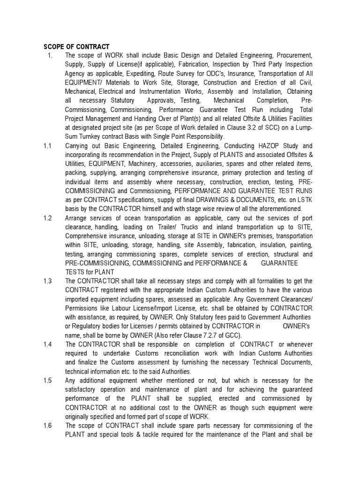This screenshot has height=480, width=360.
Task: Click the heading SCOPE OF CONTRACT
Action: (x=76, y=46)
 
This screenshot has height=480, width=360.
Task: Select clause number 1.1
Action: (x=47, y=146)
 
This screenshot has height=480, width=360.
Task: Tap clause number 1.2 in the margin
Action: (x=47, y=218)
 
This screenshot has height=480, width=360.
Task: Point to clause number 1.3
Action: (x=47, y=281)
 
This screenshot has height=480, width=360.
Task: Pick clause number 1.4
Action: (x=47, y=344)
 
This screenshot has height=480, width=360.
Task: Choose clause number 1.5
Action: (x=47, y=380)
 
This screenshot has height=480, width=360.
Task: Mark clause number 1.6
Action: (x=47, y=425)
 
